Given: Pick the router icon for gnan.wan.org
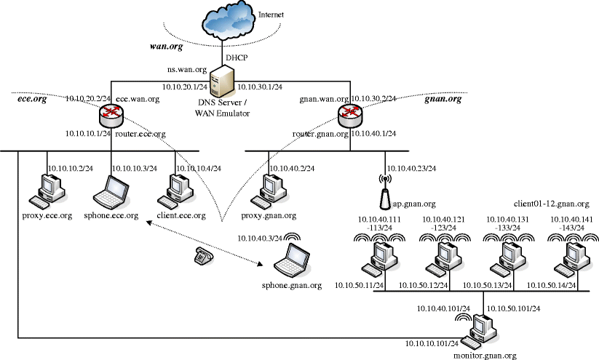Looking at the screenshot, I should tap(350, 112).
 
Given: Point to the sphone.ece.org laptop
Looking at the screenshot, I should tap(113, 191).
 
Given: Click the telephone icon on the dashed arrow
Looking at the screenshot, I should tap(203, 255).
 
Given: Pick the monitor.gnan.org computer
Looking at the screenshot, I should tap(483, 331).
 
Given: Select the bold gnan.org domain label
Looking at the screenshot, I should tap(443, 98).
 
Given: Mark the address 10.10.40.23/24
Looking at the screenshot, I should tap(411, 169).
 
